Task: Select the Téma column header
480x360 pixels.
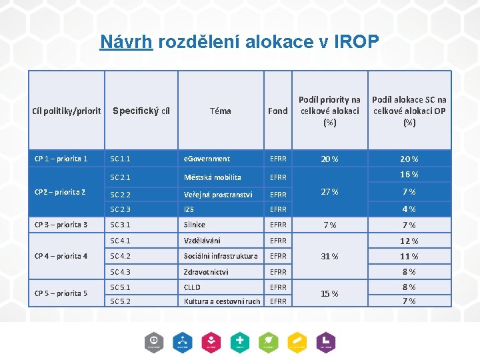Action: tap(220, 111)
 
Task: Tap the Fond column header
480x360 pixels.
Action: tap(277, 111)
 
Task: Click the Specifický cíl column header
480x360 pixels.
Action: tap(141, 111)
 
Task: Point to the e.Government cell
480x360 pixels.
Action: tap(207, 159)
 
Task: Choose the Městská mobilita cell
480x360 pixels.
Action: tap(213, 177)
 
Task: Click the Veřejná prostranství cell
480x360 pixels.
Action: tap(218, 195)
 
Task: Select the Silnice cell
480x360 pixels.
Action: tap(195, 225)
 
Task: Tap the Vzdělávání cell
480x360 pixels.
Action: tap(202, 241)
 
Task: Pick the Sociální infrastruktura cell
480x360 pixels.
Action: tap(221, 256)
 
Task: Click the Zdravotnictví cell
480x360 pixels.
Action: tap(206, 272)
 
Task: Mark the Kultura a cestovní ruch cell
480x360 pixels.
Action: tap(222, 301)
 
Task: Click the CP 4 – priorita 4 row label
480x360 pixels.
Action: tap(61, 256)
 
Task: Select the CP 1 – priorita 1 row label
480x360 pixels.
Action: tap(61, 159)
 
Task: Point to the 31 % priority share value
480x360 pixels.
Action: tap(329, 257)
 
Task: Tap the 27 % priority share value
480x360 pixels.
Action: tap(329, 192)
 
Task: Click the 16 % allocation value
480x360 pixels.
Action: tap(409, 175)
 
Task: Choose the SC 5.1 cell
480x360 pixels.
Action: tap(120, 287)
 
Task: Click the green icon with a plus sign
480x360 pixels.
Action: tap(239, 341)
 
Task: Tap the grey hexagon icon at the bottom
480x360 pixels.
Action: tap(153, 341)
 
